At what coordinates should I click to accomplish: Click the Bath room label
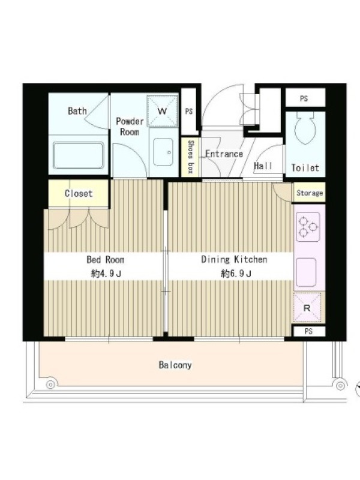pos(77,110)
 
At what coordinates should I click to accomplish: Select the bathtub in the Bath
pos(79,155)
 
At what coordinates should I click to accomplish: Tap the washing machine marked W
pos(162,111)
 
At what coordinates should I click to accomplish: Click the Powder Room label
pos(130,127)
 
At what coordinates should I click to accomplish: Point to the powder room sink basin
pos(163,152)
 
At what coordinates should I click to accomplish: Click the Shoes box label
pos(190,157)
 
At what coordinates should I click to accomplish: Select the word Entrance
pos(224,154)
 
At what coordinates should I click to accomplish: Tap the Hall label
pos(263,166)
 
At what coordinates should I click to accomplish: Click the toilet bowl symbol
pos(305,128)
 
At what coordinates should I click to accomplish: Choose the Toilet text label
pos(305,167)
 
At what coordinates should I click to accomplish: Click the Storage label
pos(310,193)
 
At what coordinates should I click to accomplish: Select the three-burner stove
pos(308,227)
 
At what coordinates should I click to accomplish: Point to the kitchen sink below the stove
pos(306,272)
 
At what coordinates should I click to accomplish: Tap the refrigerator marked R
pos(307,307)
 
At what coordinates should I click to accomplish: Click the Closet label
pos(79,193)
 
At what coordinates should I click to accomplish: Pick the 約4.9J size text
pos(106,274)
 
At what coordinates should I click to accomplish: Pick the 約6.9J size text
pos(236,274)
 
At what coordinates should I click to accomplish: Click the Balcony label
pos(175,365)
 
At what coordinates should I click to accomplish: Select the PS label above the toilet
pos(304,98)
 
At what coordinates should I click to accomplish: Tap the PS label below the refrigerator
pos(308,331)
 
